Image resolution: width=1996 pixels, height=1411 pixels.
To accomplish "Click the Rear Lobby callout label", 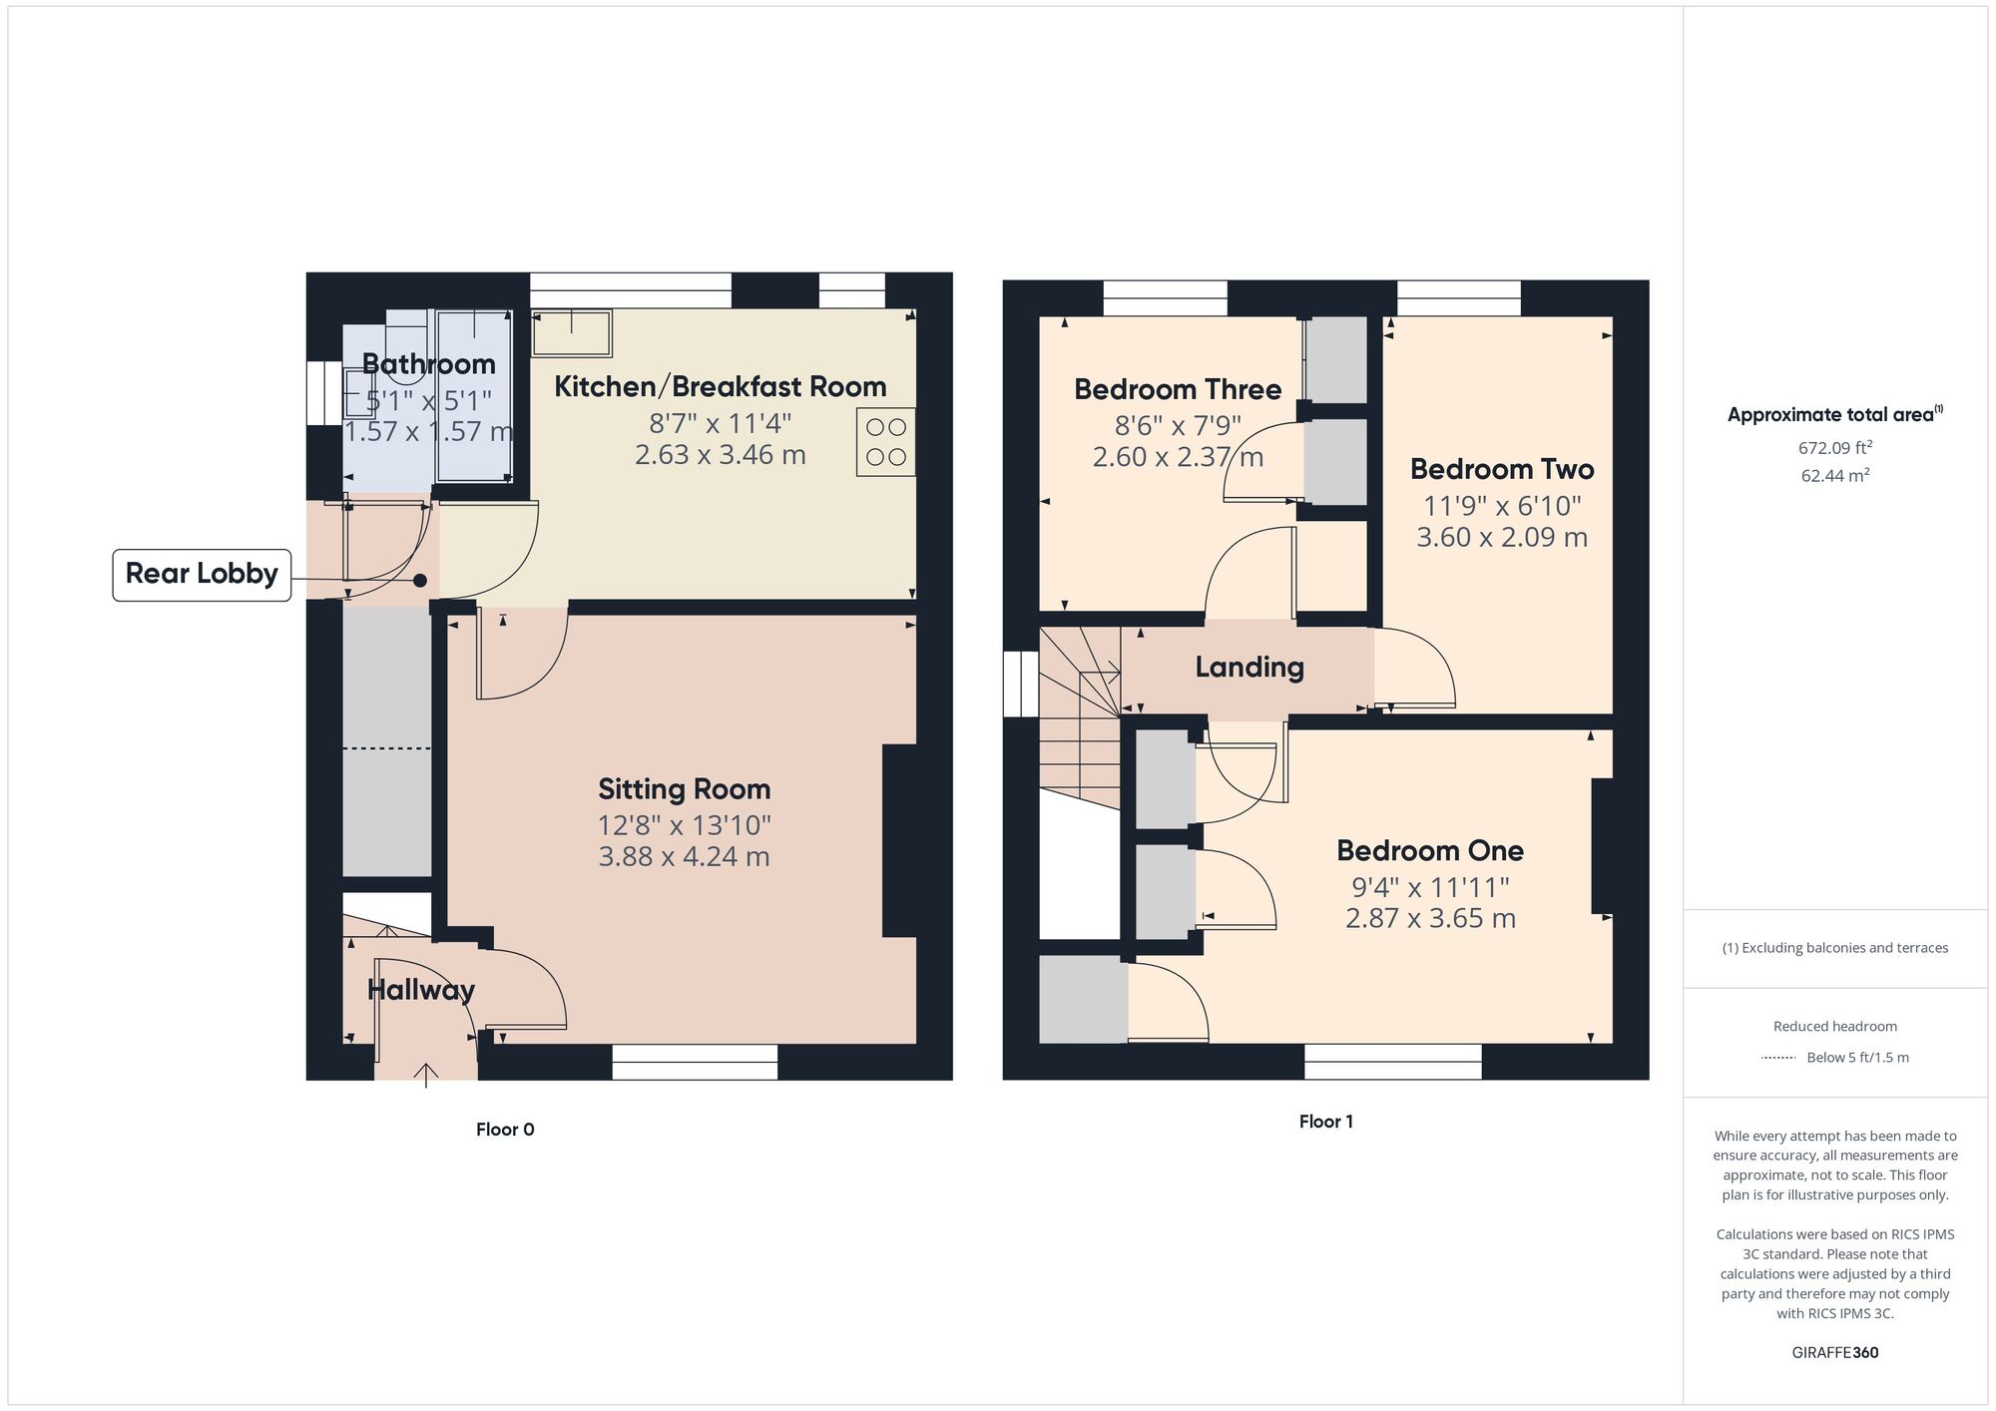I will [202, 574].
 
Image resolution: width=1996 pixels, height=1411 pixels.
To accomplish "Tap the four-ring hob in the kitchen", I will [885, 441].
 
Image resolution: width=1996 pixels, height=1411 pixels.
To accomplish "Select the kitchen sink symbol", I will [571, 333].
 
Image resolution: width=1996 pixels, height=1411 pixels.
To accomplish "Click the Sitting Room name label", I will [684, 789].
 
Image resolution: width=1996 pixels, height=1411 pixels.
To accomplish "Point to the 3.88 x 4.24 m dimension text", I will [684, 856].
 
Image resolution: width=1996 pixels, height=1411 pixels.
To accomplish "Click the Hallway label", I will [420, 990].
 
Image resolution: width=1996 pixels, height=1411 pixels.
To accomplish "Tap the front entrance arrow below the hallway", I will [426, 1075].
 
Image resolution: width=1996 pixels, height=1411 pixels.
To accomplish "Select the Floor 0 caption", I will [505, 1130].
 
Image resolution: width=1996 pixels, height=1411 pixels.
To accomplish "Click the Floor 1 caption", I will [1325, 1122].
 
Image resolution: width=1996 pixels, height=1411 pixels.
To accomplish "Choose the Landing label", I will [1249, 668].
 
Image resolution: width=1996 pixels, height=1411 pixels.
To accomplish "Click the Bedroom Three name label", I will [1178, 389].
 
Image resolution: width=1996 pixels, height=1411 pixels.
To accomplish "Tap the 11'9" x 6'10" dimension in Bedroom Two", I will [1502, 506].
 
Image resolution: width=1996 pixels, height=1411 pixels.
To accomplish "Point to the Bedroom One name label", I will [1429, 851].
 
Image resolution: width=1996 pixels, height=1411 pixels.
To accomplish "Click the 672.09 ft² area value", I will [1834, 448].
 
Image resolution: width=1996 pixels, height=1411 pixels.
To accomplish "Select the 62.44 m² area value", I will [1834, 476].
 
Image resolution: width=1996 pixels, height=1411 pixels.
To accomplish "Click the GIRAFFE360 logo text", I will [1834, 1353].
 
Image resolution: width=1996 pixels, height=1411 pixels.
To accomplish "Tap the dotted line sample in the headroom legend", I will [1778, 1058].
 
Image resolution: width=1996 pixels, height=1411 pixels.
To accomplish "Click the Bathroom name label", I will [428, 364].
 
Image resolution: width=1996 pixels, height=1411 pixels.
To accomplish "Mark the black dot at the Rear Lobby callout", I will [420, 581].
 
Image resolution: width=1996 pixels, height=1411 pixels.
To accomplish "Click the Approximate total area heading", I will [1834, 415].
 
